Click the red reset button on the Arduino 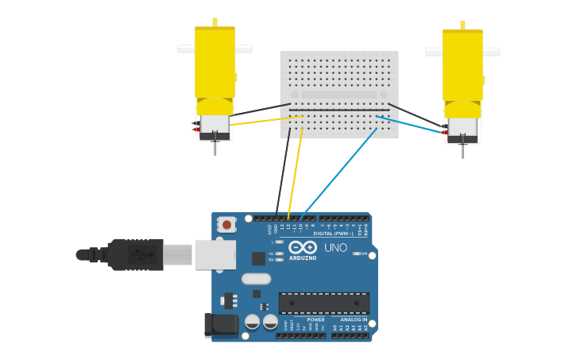[x=226, y=225]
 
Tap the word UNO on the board [x=335, y=248]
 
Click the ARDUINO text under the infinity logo [x=303, y=258]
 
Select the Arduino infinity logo [x=303, y=247]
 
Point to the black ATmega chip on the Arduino [x=323, y=303]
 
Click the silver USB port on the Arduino [x=215, y=254]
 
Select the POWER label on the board [x=315, y=319]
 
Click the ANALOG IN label [x=354, y=319]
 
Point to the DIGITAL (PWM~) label [x=334, y=234]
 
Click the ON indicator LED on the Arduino [x=357, y=254]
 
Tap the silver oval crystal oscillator [x=256, y=279]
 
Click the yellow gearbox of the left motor [x=215, y=64]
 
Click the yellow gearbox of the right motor [x=462, y=66]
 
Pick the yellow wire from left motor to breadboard [x=266, y=121]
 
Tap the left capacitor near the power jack [x=252, y=322]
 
